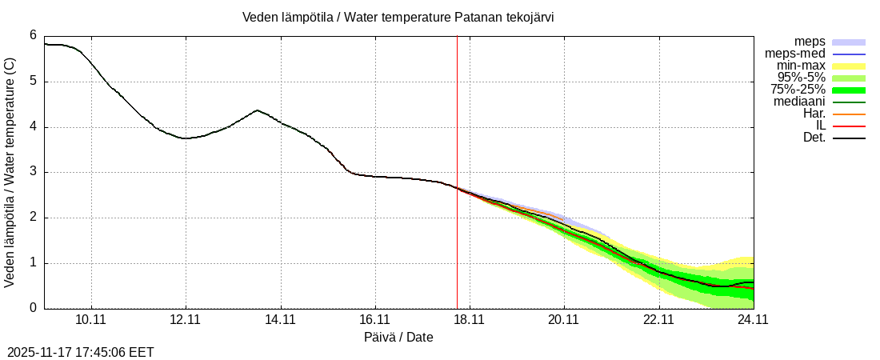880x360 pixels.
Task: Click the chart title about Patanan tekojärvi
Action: [398, 17]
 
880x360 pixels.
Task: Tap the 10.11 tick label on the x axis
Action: [91, 319]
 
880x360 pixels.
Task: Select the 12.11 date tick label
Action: [186, 319]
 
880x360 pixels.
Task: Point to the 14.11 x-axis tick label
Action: [280, 319]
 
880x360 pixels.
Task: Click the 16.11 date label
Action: [374, 319]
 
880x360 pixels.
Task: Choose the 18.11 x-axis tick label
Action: [469, 319]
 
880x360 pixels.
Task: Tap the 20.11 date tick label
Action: [563, 319]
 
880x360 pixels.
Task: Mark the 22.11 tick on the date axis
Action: [658, 319]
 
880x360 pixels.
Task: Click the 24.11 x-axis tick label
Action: [752, 319]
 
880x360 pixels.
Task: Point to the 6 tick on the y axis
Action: [33, 35]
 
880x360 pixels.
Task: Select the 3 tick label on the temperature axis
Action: [33, 172]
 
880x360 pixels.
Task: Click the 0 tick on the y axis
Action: [33, 308]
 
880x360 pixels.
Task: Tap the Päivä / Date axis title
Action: [398, 337]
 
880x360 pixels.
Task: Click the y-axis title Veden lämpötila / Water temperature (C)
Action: [10, 172]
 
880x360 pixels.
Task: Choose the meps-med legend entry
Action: [795, 54]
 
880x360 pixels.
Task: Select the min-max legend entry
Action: [801, 66]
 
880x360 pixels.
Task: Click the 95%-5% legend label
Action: [801, 78]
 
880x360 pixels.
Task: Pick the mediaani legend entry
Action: [799, 102]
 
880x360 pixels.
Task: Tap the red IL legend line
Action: [849, 126]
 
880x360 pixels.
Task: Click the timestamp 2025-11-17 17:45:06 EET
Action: [81, 352]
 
